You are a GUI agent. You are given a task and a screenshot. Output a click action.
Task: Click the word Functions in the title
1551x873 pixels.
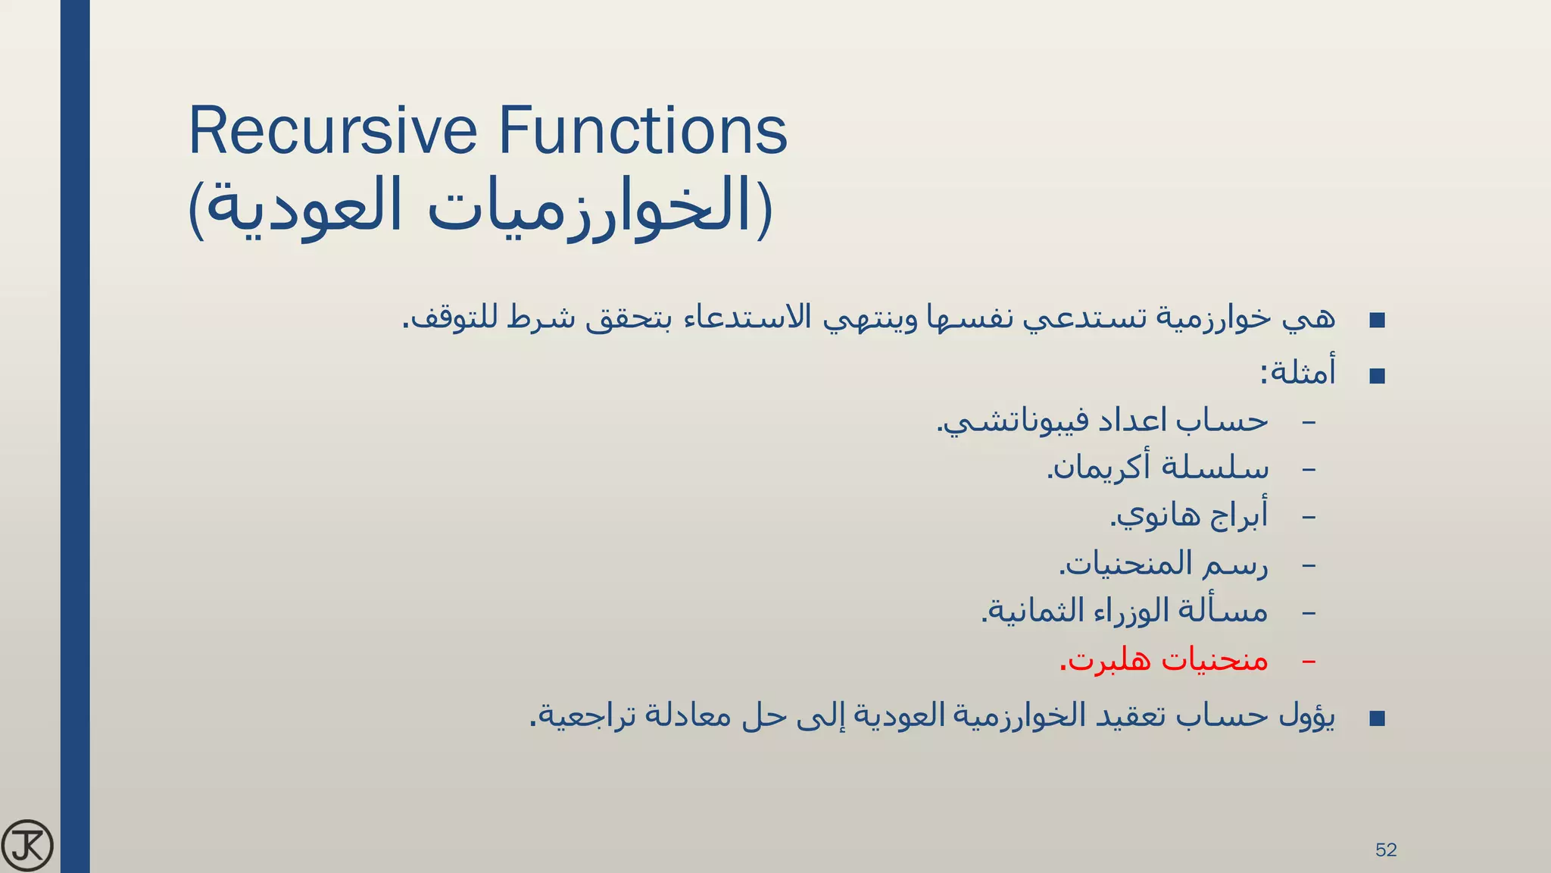641,131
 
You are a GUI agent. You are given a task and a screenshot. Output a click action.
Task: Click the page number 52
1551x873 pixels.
1385,850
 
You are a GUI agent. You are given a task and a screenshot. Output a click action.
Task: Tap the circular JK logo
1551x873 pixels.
27,845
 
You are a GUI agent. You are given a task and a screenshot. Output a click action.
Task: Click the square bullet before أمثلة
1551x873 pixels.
1377,376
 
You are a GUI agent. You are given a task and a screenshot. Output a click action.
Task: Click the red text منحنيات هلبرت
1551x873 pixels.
1164,659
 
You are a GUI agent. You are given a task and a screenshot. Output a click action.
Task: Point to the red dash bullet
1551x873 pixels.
1308,662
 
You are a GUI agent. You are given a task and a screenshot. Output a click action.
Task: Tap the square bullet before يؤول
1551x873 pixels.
1377,718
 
